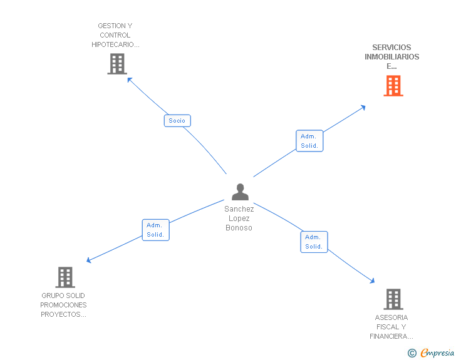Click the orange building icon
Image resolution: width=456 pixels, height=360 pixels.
pos(393,86)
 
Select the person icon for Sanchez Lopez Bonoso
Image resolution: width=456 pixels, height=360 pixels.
pos(240,192)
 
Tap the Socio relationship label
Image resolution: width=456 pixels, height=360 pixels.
pos(177,120)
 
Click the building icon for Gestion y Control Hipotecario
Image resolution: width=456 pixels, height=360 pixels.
pos(117,64)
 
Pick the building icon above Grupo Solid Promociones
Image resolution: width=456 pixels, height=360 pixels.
pos(65,277)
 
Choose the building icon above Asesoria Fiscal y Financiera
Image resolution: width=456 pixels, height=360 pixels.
pos(393,299)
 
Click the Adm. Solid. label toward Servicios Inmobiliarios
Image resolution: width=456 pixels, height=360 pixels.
pos(309,141)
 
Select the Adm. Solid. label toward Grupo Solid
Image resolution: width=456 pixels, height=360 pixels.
pos(155,230)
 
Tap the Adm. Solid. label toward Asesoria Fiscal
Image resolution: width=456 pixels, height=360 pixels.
pos(314,242)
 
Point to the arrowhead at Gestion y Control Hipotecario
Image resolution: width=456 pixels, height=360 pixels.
pos(129,79)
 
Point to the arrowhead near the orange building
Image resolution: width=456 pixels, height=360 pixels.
pos(363,107)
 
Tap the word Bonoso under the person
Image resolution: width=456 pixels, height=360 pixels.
pos(239,228)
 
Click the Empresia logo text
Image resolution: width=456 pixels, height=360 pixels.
pos(437,352)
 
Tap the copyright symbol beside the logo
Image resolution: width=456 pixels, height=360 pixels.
pos(412,353)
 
